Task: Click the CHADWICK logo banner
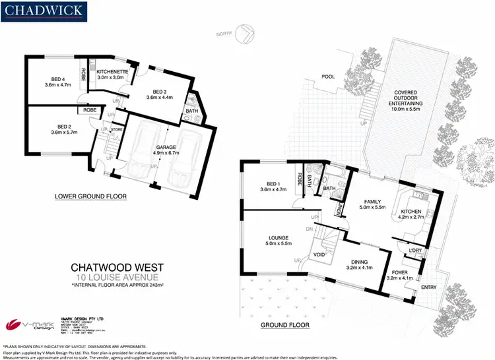click(x=44, y=12)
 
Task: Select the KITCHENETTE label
click(x=112, y=73)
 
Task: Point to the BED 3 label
click(x=159, y=93)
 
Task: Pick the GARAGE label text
click(x=165, y=149)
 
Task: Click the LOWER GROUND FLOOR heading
click(x=91, y=196)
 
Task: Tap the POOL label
click(x=327, y=76)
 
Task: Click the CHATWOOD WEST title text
click(x=117, y=268)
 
